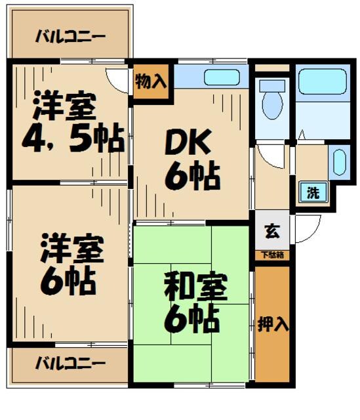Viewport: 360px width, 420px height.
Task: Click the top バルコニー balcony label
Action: (x=70, y=35)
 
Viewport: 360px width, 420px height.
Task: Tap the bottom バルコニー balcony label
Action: (x=70, y=362)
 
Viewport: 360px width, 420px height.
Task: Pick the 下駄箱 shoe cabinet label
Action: (x=271, y=255)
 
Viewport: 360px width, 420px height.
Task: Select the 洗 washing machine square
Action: (x=313, y=193)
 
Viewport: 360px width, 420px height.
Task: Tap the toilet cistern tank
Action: (x=271, y=85)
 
